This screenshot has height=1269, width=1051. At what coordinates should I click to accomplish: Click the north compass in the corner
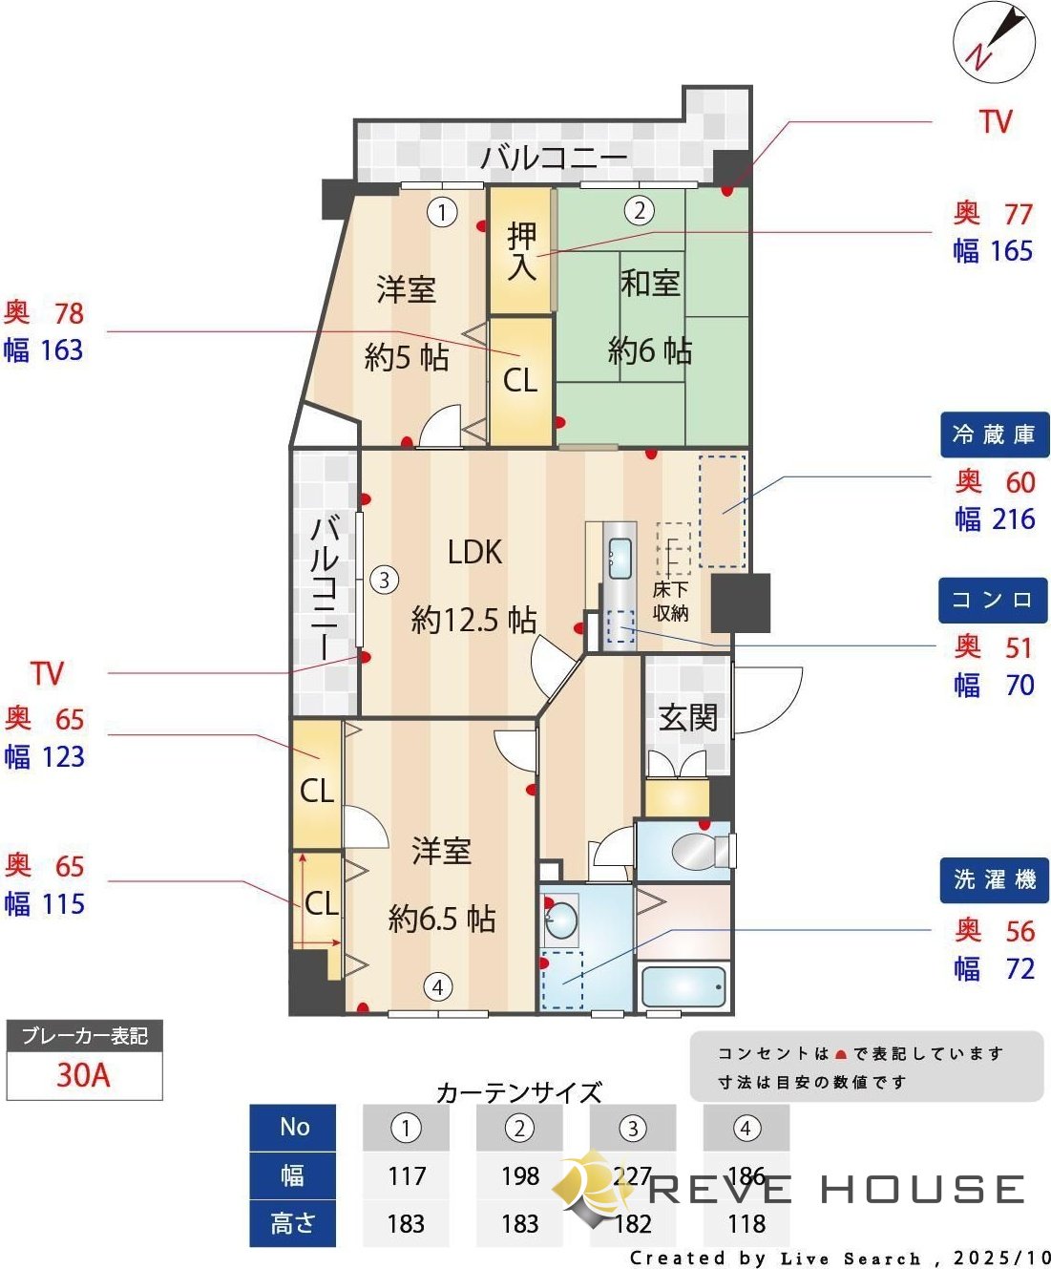pyautogui.click(x=994, y=42)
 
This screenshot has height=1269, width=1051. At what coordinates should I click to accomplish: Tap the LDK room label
pyautogui.click(x=474, y=552)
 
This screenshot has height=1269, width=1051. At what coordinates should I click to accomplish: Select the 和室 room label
pyautogui.click(x=650, y=283)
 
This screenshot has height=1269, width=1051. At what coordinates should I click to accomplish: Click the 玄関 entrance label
pyautogui.click(x=687, y=716)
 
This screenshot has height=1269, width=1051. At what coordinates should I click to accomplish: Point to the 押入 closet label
pyautogui.click(x=521, y=251)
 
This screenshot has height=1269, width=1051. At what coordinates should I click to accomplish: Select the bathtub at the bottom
pyautogui.click(x=683, y=987)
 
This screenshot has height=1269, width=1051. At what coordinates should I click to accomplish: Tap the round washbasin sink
pyautogui.click(x=560, y=921)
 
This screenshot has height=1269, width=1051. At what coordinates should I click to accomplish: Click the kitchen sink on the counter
pyautogui.click(x=620, y=558)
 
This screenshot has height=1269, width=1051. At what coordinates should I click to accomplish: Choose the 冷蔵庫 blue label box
pyautogui.click(x=994, y=434)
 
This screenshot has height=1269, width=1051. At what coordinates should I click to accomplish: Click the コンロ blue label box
pyautogui.click(x=993, y=600)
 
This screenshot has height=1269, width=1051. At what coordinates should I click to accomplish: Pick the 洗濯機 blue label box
pyautogui.click(x=994, y=879)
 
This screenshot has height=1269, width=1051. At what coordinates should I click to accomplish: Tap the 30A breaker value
pyautogui.click(x=84, y=1075)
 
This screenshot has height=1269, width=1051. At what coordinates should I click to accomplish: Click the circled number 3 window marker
pyautogui.click(x=384, y=580)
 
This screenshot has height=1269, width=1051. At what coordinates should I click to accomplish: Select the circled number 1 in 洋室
pyautogui.click(x=442, y=211)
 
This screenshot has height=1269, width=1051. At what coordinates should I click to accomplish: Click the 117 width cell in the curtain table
pyautogui.click(x=406, y=1175)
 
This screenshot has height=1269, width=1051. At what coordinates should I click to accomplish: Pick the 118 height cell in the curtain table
pyautogui.click(x=746, y=1223)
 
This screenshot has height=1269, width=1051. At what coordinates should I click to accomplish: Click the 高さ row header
pyautogui.click(x=292, y=1223)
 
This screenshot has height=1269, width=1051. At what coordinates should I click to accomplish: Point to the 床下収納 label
pyautogui.click(x=670, y=602)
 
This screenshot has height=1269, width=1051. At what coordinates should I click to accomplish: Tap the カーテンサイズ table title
pyautogui.click(x=518, y=1091)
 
